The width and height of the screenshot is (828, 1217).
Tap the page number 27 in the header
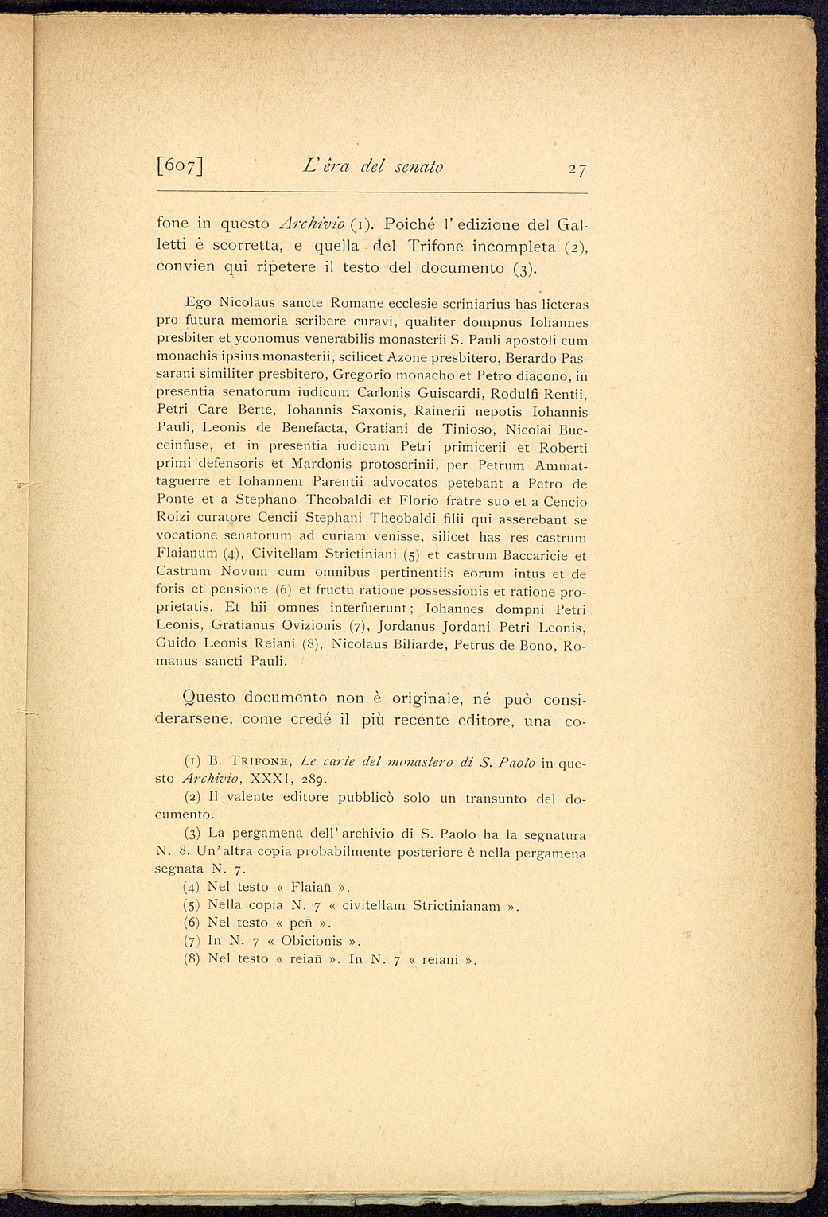point(571,169)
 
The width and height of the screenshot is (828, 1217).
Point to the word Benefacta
point(305,429)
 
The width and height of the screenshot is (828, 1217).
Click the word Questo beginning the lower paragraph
point(209,698)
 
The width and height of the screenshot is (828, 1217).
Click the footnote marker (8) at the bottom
point(192,959)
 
